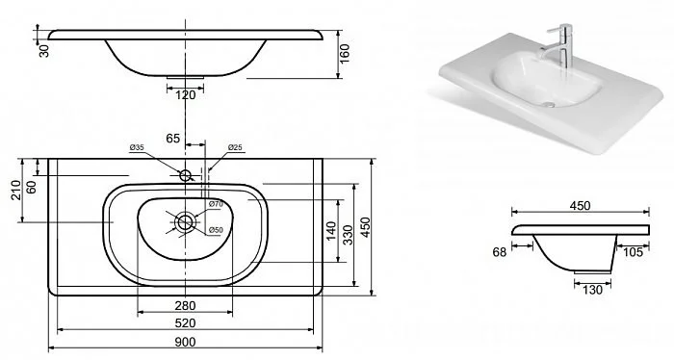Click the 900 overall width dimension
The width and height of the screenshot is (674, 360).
click(x=185, y=342)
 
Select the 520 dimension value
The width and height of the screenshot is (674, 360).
click(x=185, y=323)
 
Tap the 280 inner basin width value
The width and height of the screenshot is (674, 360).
click(x=185, y=306)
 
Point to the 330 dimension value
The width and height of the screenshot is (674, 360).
click(x=349, y=235)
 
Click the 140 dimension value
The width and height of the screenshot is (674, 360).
click(x=331, y=231)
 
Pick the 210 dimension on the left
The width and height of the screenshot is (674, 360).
click(x=16, y=190)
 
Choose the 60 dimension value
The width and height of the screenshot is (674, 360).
click(x=32, y=188)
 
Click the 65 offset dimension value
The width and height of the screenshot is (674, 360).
click(x=172, y=139)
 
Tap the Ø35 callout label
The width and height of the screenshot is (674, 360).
click(x=137, y=147)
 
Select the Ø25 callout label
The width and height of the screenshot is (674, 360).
click(x=235, y=147)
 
